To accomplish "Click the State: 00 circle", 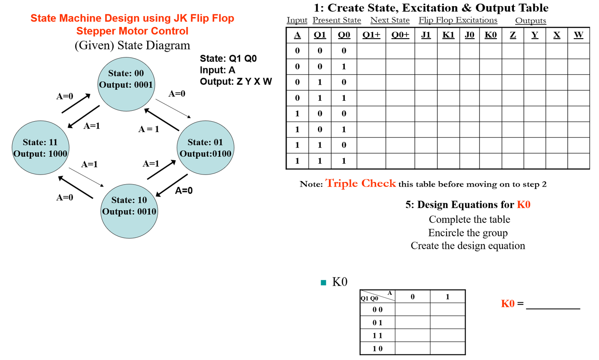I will (x=126, y=79).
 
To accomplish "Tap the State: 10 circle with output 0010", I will (x=129, y=206).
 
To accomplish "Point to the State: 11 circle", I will (x=40, y=148).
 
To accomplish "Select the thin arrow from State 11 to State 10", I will (x=87, y=176).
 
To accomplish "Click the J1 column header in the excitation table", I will (x=426, y=35).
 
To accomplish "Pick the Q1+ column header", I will (x=371, y=35).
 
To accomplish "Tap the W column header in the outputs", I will (x=578, y=35).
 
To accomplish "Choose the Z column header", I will (x=513, y=35).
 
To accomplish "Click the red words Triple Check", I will (x=361, y=183).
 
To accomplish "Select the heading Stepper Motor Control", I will (x=132, y=31).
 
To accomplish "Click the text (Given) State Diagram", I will (x=132, y=45).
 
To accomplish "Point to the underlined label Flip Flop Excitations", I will (x=458, y=20).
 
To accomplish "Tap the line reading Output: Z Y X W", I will (x=235, y=81).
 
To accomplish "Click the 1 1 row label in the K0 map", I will (x=377, y=335).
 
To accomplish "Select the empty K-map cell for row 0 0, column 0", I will (x=413, y=309).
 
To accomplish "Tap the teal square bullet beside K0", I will (x=323, y=283).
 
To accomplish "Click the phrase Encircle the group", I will (x=468, y=233).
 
